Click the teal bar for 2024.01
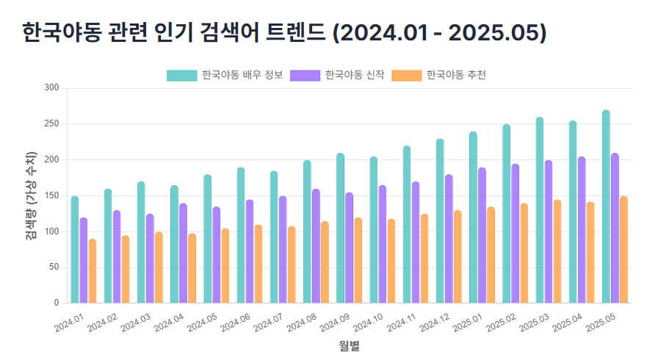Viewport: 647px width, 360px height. click(x=75, y=250)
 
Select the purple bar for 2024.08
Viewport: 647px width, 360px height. click(x=316, y=246)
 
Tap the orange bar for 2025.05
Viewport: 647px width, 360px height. click(x=623, y=250)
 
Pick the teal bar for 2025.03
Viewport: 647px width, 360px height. click(x=540, y=210)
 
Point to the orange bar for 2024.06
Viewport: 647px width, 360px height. click(x=258, y=264)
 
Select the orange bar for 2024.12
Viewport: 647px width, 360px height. click(x=458, y=256)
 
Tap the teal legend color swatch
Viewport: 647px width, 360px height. click(x=181, y=75)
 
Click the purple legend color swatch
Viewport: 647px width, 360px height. click(x=305, y=75)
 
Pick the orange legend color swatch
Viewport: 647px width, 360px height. click(x=406, y=75)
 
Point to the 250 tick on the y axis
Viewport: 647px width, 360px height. click(x=51, y=123)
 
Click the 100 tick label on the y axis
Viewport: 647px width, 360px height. click(x=51, y=231)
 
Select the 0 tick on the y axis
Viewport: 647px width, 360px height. click(x=56, y=303)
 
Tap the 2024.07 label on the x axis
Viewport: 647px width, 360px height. click(x=267, y=324)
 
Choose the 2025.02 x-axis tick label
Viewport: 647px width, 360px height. click(x=500, y=324)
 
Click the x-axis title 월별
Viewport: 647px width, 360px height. click(x=349, y=345)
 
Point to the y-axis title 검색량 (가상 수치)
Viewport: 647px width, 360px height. click(x=31, y=195)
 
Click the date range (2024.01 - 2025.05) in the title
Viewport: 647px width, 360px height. click(x=439, y=33)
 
